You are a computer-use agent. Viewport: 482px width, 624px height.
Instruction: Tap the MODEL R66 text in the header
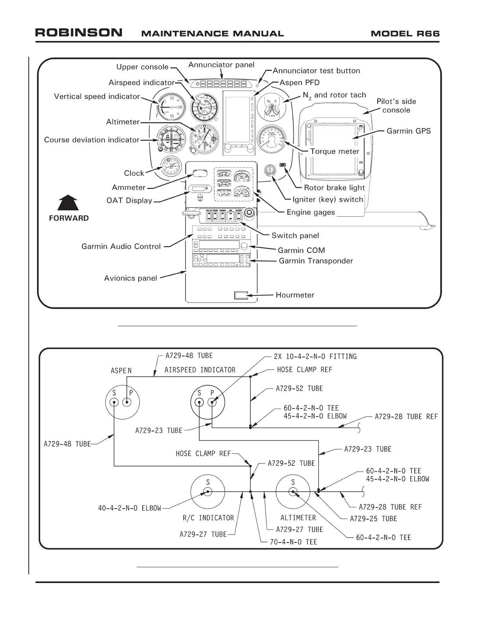click(x=405, y=33)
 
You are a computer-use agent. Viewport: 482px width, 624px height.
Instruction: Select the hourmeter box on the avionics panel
click(x=241, y=295)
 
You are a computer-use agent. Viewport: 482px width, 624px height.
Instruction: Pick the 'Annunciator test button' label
click(x=316, y=71)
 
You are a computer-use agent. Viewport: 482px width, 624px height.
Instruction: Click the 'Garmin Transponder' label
click(x=316, y=261)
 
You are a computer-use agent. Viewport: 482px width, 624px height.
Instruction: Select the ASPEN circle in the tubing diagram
click(x=122, y=402)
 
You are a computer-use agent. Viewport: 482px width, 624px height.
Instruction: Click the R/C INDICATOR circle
click(x=208, y=492)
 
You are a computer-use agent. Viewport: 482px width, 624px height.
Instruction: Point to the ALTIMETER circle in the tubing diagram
click(x=293, y=492)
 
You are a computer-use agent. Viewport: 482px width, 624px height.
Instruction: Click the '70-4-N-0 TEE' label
click(x=293, y=542)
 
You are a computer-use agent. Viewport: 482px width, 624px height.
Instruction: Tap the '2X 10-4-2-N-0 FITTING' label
click(x=315, y=357)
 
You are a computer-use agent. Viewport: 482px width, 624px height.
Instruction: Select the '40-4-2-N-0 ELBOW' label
click(x=130, y=508)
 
